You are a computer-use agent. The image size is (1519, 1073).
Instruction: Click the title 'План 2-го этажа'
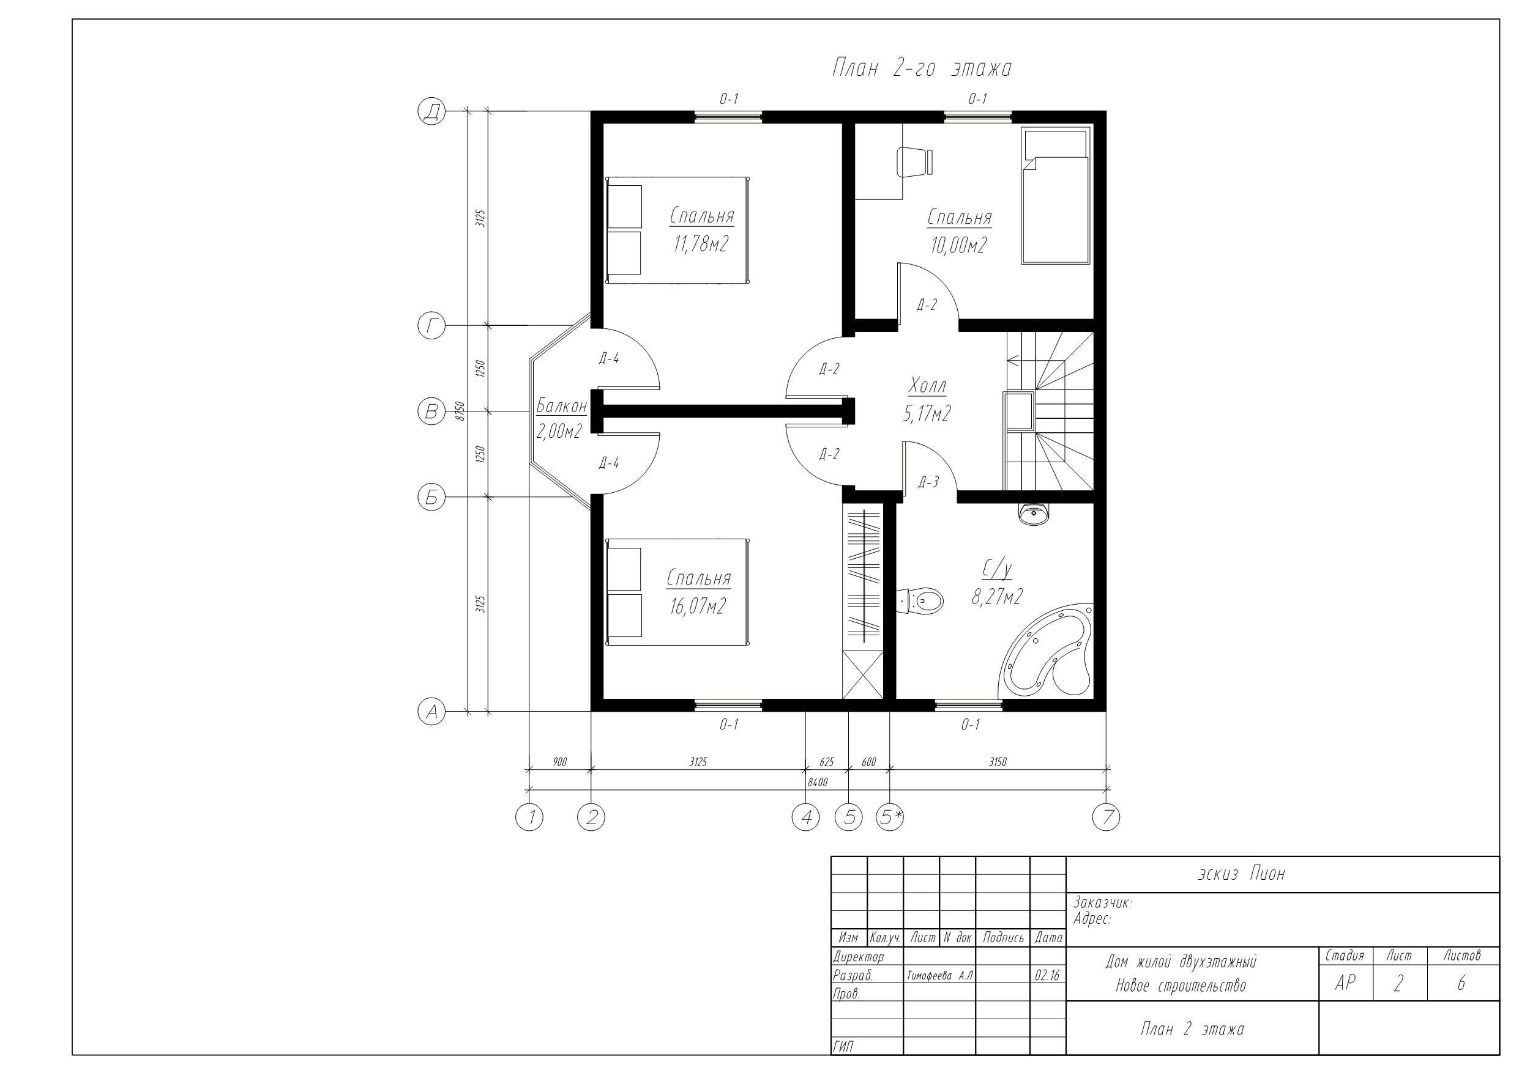click(922, 68)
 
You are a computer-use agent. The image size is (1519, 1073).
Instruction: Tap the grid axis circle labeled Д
click(431, 111)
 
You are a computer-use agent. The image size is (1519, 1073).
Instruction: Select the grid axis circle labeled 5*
click(889, 818)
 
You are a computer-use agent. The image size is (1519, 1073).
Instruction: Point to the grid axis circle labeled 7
click(1106, 818)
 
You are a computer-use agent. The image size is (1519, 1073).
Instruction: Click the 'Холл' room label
click(928, 385)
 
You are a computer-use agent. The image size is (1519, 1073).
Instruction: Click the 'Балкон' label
click(561, 405)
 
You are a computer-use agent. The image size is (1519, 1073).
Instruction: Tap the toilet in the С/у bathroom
click(920, 600)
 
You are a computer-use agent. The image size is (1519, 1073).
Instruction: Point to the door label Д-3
click(928, 482)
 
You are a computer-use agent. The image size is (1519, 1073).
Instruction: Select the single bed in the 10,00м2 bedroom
click(1055, 196)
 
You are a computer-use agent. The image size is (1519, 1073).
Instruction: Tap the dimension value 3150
click(998, 762)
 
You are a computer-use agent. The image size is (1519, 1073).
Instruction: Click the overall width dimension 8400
click(818, 783)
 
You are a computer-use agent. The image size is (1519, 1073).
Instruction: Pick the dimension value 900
click(560, 762)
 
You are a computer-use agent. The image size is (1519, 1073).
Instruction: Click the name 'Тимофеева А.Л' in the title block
click(940, 976)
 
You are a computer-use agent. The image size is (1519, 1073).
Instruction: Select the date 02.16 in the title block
click(1047, 976)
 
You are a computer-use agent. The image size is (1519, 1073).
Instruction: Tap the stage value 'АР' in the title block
click(1345, 983)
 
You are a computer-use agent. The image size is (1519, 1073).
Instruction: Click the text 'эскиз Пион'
click(1242, 874)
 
